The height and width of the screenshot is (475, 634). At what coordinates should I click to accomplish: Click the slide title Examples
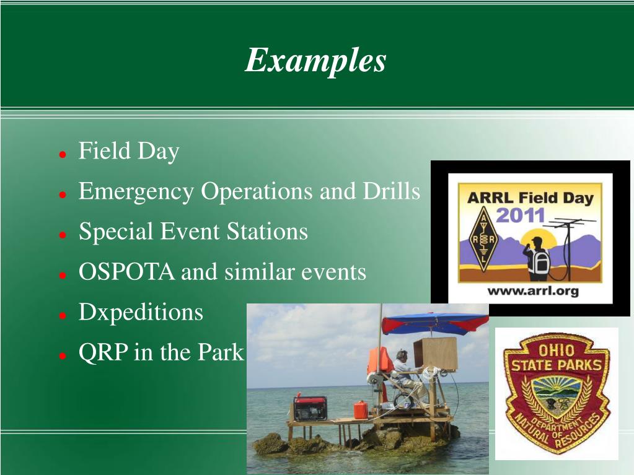coord(315,61)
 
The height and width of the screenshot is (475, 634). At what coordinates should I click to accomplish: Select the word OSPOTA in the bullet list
coord(126,271)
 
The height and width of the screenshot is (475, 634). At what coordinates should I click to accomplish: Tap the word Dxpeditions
coord(141,313)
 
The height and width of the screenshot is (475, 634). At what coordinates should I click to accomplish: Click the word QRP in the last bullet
coord(103,352)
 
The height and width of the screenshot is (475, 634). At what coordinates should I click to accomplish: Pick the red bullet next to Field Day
coord(62,154)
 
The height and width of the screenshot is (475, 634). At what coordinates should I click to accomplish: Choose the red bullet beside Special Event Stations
coord(62,235)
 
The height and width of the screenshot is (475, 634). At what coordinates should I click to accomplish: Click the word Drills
coord(392,191)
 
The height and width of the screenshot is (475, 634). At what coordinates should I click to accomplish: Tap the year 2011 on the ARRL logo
coord(521,215)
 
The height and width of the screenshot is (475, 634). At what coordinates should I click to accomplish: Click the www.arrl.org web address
coord(533,291)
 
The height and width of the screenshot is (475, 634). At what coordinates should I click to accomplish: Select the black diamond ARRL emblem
coord(483,239)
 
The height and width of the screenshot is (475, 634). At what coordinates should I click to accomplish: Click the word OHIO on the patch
coord(557,350)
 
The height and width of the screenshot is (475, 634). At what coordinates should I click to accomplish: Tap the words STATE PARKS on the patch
coord(557,365)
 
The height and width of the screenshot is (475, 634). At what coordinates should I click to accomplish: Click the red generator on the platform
coord(310,408)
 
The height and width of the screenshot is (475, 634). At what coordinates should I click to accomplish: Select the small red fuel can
coord(361,409)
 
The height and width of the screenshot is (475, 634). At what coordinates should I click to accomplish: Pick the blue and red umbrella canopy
coord(435,323)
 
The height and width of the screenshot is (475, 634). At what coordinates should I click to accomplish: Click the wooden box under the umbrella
coord(436,354)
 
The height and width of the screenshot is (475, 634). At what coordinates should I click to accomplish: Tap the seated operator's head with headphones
coord(401,355)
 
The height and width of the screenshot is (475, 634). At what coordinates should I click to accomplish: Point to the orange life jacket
coord(379,360)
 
